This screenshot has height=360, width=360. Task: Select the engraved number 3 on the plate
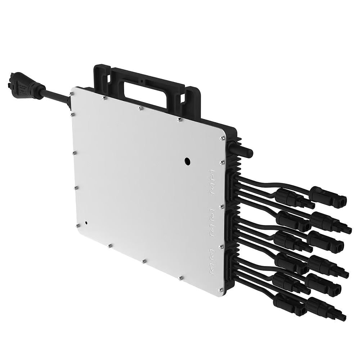(212, 214)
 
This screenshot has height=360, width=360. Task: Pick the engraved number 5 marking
(212, 255)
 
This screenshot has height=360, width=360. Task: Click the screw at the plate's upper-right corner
(222, 138)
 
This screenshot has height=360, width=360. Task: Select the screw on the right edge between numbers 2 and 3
(222, 206)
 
